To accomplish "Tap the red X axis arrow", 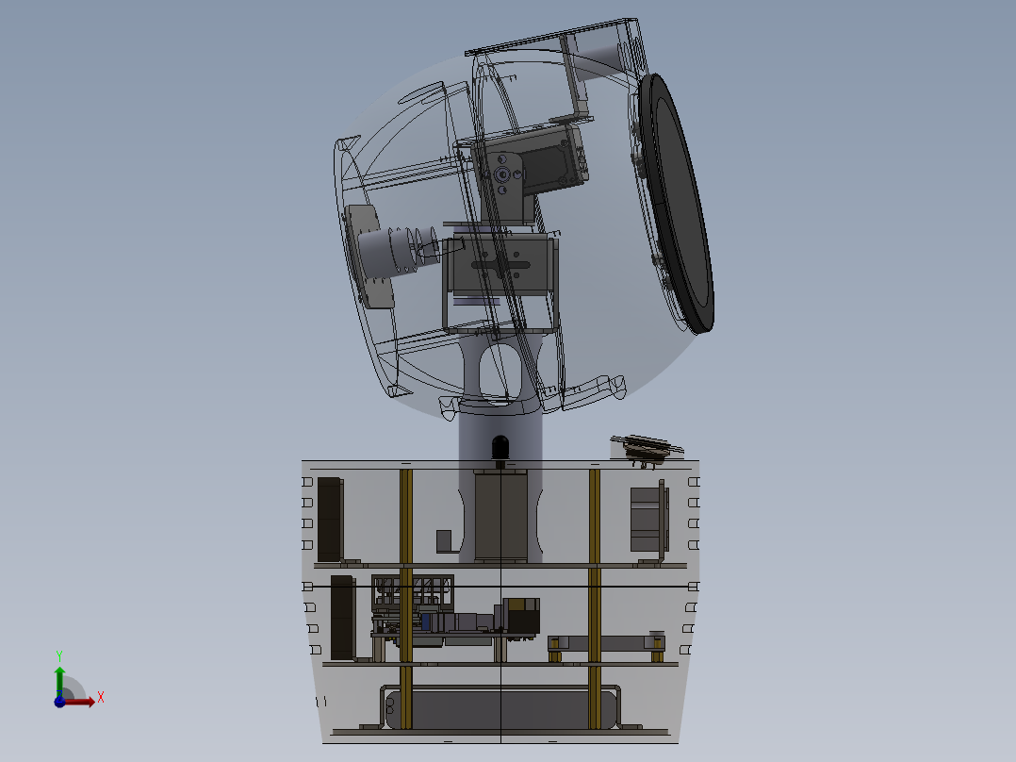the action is [77, 702].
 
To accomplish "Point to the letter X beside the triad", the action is [101, 698].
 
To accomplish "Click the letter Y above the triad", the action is [59, 655].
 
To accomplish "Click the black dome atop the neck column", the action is [500, 447].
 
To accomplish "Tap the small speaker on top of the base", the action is [646, 448].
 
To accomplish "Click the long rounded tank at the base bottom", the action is [500, 709].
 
